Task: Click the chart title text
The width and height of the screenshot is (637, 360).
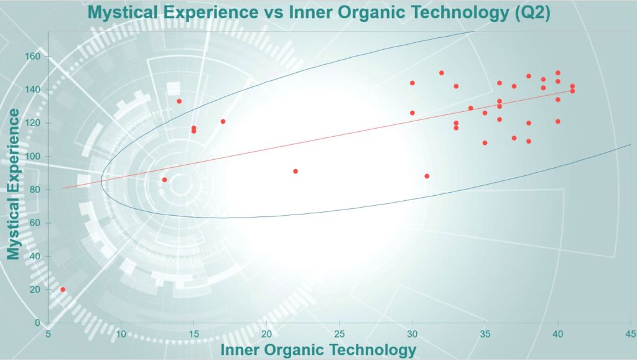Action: pyautogui.click(x=319, y=12)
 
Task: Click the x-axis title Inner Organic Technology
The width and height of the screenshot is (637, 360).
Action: pyautogui.click(x=318, y=350)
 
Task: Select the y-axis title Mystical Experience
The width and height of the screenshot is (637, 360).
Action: pyautogui.click(x=14, y=184)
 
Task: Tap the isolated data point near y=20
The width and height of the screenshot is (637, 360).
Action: pyautogui.click(x=63, y=289)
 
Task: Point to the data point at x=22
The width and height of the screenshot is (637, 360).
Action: pyautogui.click(x=295, y=171)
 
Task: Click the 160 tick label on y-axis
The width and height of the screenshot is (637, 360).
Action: pyautogui.click(x=33, y=57)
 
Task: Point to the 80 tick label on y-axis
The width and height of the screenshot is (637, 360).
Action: pyautogui.click(x=35, y=190)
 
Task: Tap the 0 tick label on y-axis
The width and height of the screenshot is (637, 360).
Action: pyautogui.click(x=38, y=323)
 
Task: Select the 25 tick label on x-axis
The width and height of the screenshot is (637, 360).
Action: pyautogui.click(x=339, y=334)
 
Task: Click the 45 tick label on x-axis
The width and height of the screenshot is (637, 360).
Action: pyautogui.click(x=631, y=334)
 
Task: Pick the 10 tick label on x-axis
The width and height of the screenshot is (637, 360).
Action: pyautogui.click(x=121, y=334)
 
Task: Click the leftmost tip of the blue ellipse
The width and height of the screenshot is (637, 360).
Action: pyautogui.click(x=101, y=182)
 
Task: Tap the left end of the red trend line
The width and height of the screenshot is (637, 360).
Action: pyautogui.click(x=63, y=188)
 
